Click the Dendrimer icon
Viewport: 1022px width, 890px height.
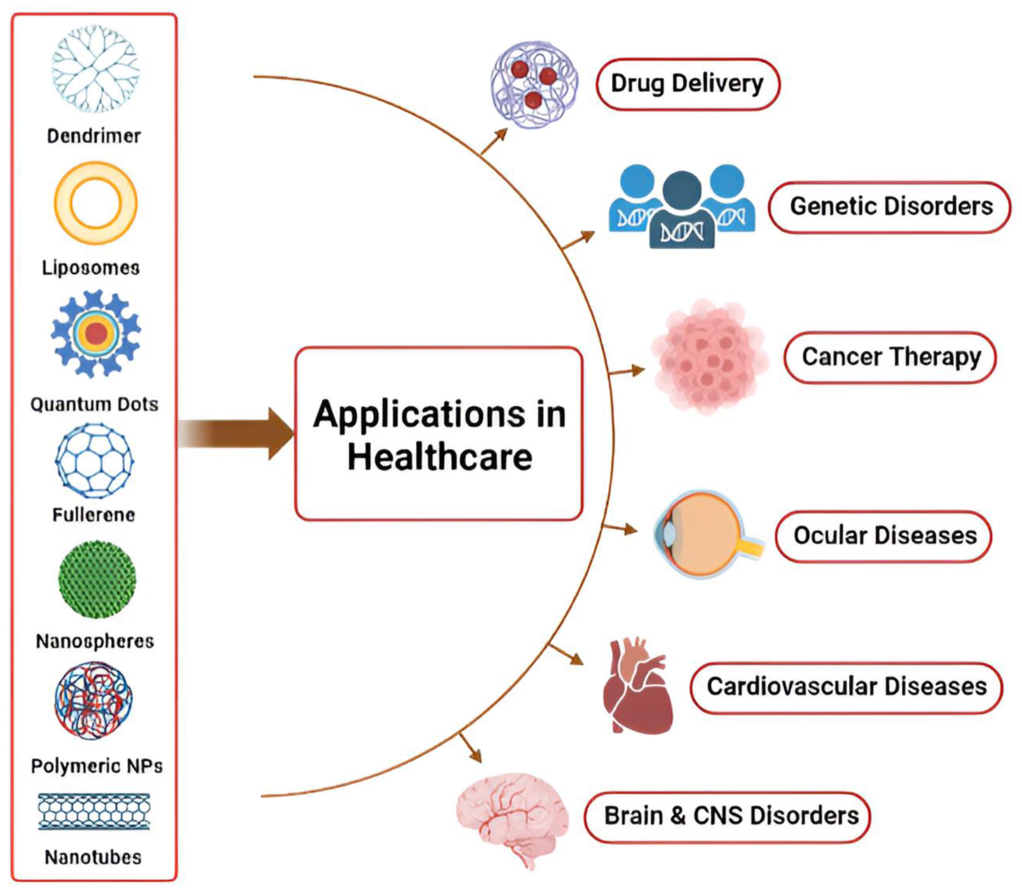click(x=95, y=69)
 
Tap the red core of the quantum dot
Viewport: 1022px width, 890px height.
click(x=96, y=334)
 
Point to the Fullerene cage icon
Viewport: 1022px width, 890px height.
click(x=94, y=461)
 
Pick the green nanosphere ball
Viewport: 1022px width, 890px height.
click(x=96, y=580)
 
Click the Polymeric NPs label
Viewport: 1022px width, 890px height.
click(x=96, y=765)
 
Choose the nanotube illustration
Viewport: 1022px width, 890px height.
click(x=94, y=812)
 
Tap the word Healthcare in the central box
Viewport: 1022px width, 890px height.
click(x=440, y=457)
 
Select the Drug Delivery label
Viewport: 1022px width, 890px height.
click(x=687, y=84)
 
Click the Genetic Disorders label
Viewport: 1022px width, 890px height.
click(x=890, y=207)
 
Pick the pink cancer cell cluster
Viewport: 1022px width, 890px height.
click(x=709, y=357)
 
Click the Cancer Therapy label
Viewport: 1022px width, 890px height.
click(x=890, y=357)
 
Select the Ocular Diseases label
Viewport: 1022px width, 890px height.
click(x=884, y=536)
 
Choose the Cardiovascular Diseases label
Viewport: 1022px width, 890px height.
click(x=846, y=687)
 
